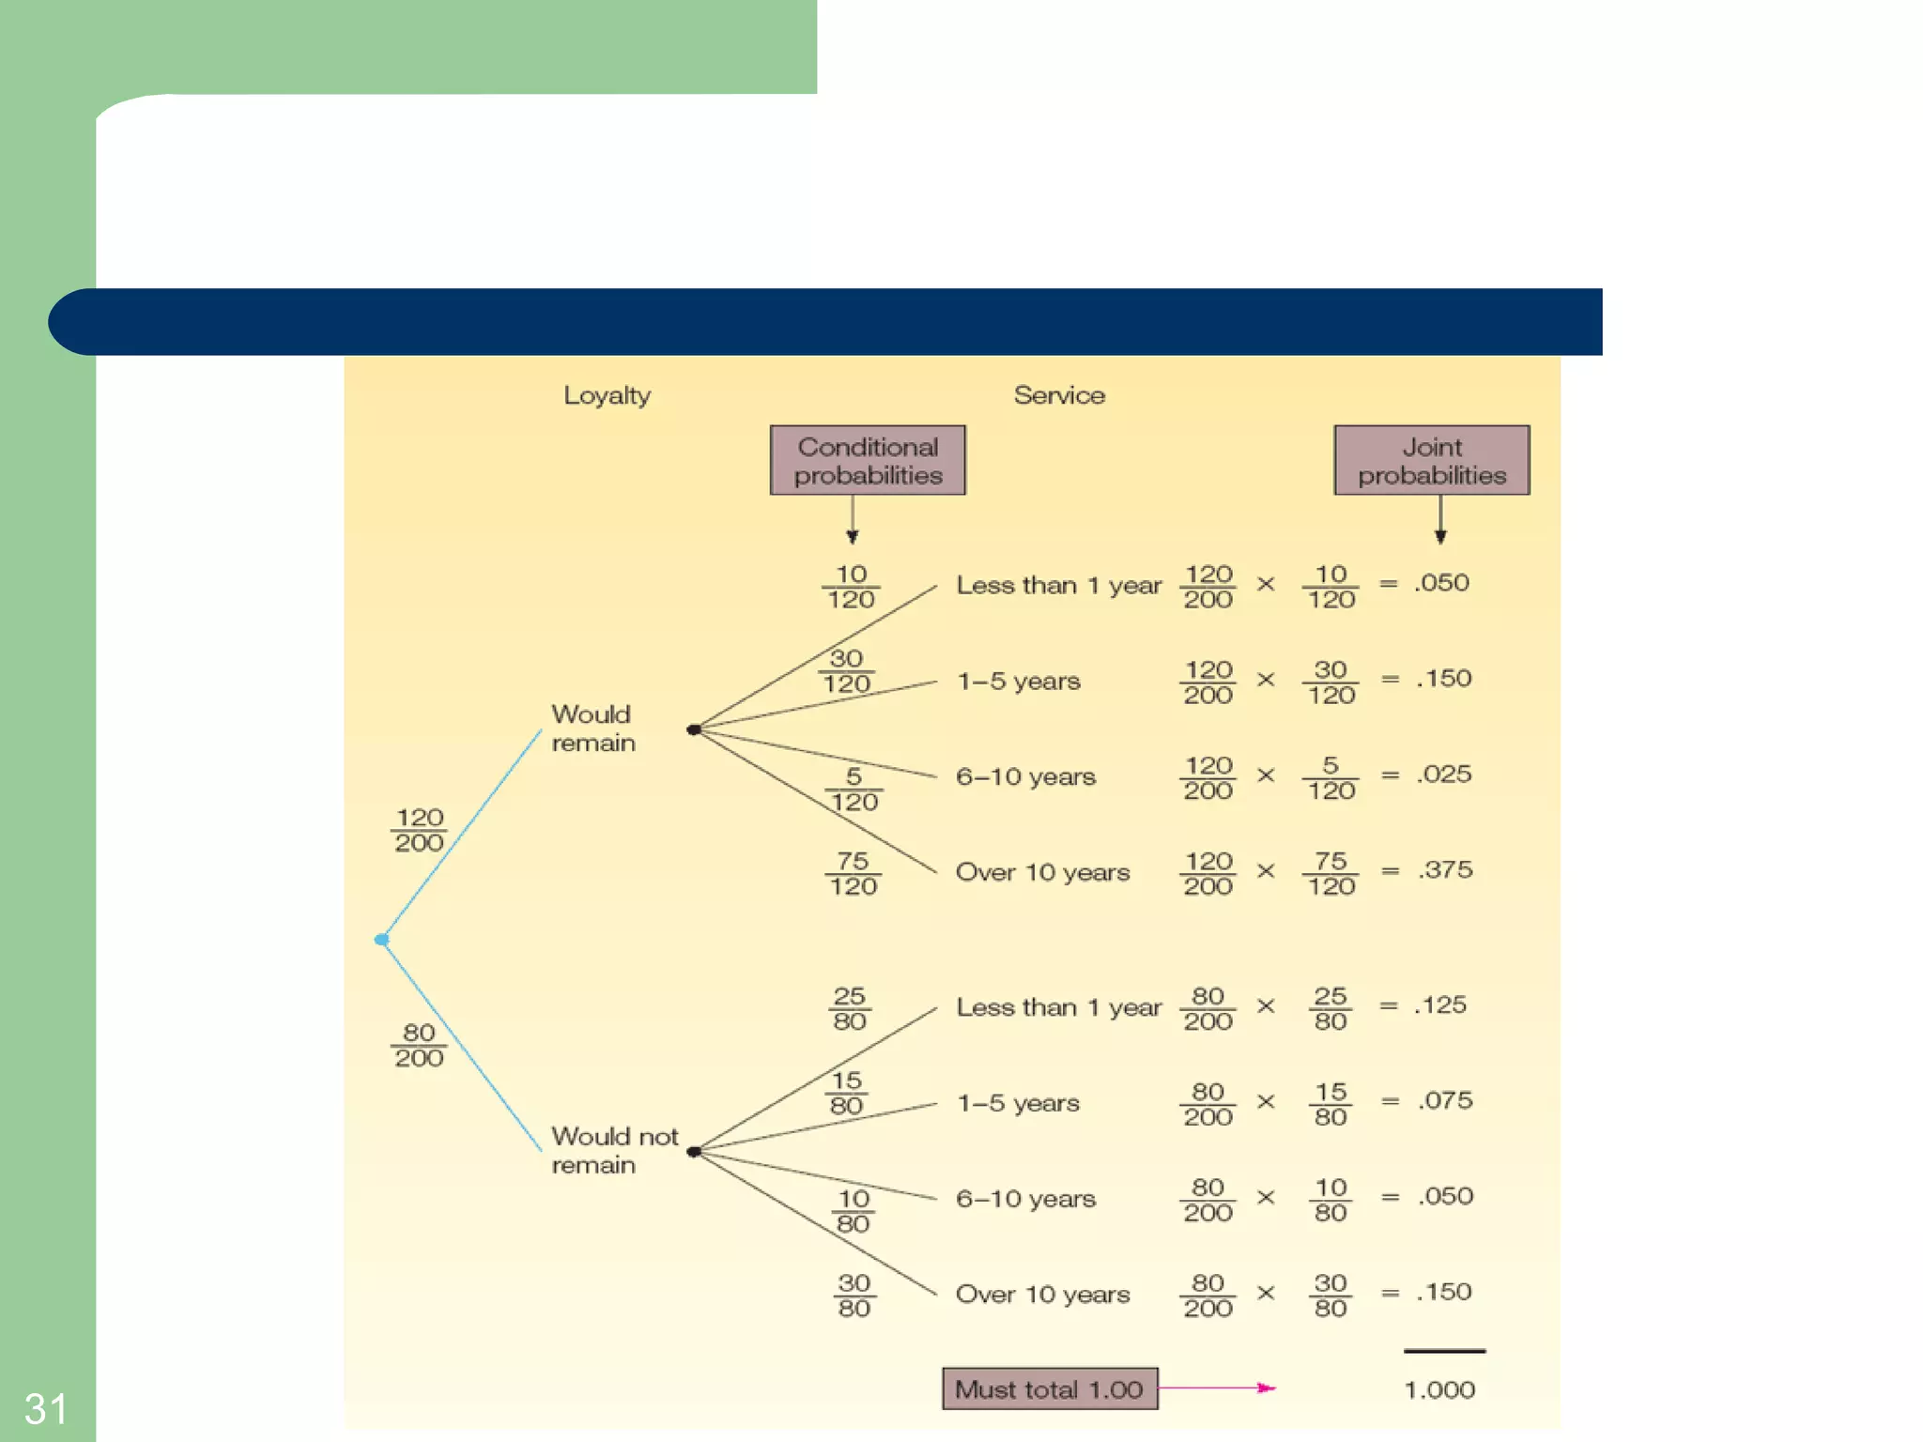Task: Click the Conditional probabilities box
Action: point(868,460)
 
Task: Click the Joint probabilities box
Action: point(1431,460)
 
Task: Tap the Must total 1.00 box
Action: point(1050,1388)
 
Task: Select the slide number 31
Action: point(45,1408)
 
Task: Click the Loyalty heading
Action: point(607,395)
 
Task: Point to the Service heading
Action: point(1059,395)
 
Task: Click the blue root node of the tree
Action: point(381,939)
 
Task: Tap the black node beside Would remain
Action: point(694,729)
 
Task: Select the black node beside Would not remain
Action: point(694,1152)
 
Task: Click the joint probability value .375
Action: point(1445,869)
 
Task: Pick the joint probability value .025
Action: point(1445,775)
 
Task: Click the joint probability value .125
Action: point(1441,1005)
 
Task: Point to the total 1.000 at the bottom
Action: point(1439,1389)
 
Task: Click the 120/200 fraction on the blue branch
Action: point(419,830)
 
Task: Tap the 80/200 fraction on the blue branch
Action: point(419,1045)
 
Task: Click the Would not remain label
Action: point(613,1150)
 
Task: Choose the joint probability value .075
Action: point(1445,1100)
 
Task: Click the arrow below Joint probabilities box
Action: point(1440,520)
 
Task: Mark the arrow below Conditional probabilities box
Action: point(853,520)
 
